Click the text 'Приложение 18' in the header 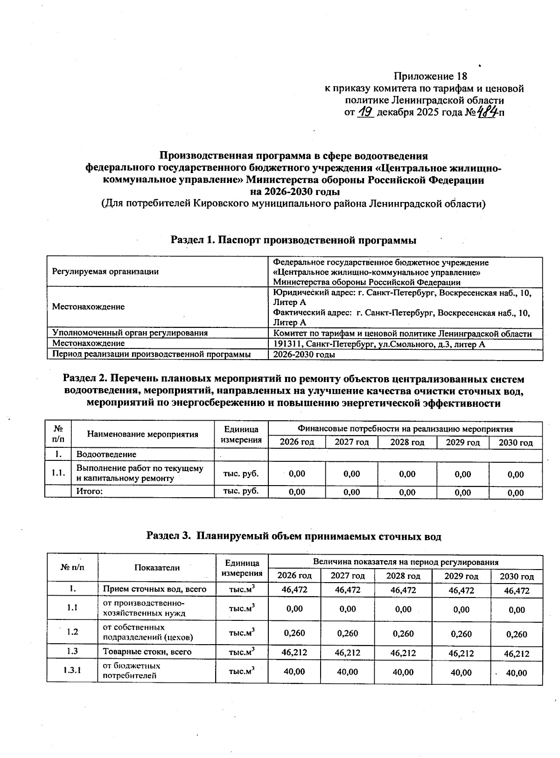tap(430, 76)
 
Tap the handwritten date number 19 tap(366, 112)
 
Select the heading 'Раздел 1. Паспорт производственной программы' tap(294, 240)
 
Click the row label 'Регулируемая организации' tap(105, 272)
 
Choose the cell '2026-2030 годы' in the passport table tap(304, 355)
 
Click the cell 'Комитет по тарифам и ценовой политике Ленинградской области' tap(402, 334)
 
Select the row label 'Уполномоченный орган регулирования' tap(130, 333)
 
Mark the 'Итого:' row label tap(90, 492)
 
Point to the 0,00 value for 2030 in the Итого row tap(516, 493)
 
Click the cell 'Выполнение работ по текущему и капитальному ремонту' tap(140, 473)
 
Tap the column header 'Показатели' tap(157, 567)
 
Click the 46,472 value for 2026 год tap(294, 590)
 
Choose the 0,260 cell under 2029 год tap(462, 634)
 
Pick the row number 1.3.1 tap(72, 671)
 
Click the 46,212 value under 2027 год tap(348, 653)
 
